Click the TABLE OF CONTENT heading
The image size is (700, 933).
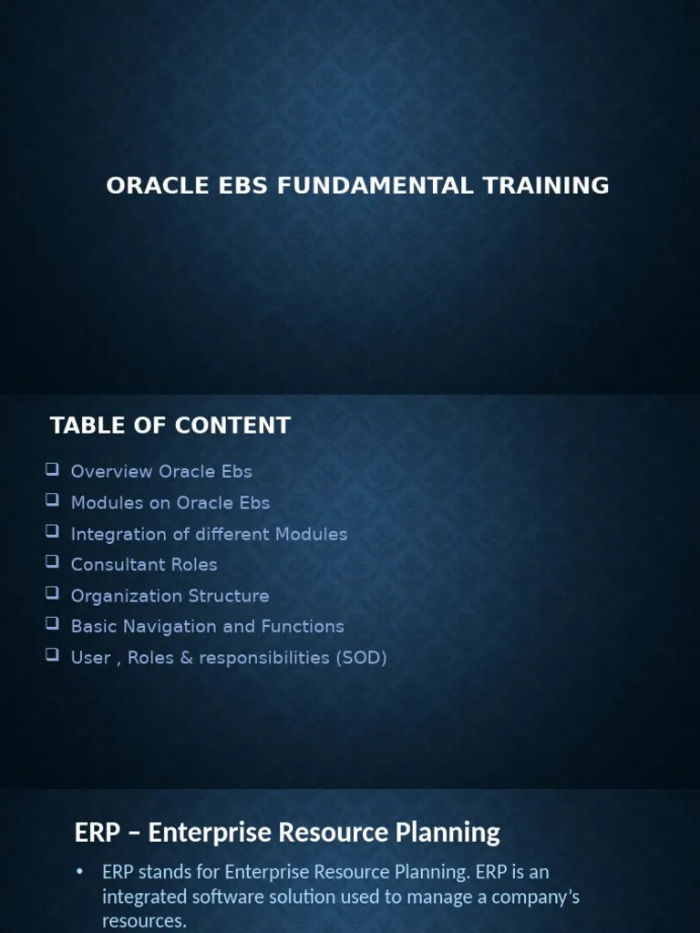170,425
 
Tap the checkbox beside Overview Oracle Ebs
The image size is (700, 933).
52,470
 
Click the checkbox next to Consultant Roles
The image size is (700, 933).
52,563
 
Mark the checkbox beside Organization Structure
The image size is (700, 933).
52,594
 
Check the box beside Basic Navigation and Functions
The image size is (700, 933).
52,625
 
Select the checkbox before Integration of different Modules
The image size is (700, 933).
52,532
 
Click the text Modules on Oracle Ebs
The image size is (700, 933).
170,503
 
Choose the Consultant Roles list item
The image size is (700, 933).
144,565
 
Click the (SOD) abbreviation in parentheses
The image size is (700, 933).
362,658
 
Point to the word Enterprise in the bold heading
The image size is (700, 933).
204,832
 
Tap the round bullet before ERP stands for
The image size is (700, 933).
79,873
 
